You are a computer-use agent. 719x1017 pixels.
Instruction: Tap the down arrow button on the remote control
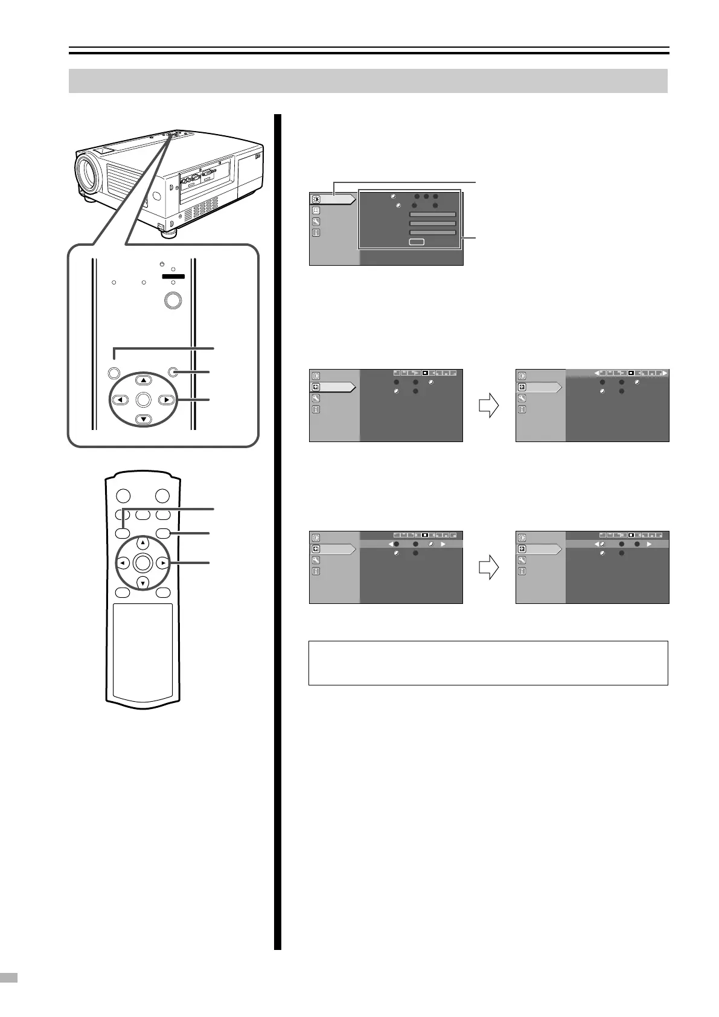pyautogui.click(x=142, y=583)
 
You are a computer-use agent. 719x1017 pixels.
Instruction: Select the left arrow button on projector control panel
pyautogui.click(x=121, y=400)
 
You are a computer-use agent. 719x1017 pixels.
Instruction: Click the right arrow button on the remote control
pyautogui.click(x=163, y=563)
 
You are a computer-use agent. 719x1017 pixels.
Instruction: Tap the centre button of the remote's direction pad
pyautogui.click(x=142, y=563)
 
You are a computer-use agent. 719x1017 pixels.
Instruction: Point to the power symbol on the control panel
pyautogui.click(x=162, y=263)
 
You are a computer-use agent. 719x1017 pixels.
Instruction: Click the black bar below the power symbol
pyautogui.click(x=173, y=276)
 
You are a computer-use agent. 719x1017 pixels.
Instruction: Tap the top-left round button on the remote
pyautogui.click(x=123, y=496)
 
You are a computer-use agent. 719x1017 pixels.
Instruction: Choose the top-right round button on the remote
pyautogui.click(x=162, y=496)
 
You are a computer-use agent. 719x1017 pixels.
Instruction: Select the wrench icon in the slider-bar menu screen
pyautogui.click(x=316, y=222)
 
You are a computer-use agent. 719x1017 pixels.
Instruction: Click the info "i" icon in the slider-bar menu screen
pyautogui.click(x=316, y=233)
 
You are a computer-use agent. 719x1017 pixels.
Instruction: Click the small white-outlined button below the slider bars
pyautogui.click(x=417, y=242)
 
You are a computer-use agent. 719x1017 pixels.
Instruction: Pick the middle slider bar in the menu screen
pyautogui.click(x=432, y=223)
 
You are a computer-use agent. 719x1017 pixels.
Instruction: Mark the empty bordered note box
pyautogui.click(x=488, y=662)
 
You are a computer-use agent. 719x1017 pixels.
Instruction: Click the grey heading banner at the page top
pyautogui.click(x=368, y=81)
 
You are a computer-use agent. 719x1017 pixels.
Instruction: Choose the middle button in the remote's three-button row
pyautogui.click(x=142, y=515)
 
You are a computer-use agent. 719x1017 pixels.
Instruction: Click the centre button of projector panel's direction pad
pyautogui.click(x=143, y=399)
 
